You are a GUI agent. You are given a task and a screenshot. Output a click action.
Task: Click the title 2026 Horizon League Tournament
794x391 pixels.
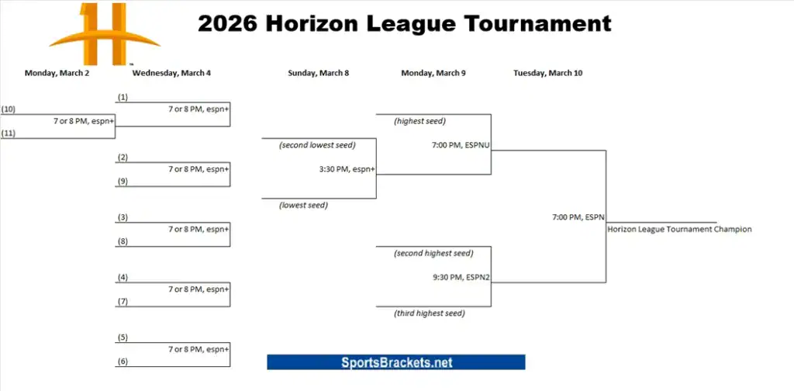(404, 23)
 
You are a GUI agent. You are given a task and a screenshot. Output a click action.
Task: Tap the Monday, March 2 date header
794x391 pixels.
(57, 73)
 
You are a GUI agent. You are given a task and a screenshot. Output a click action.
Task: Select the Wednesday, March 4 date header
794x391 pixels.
(171, 73)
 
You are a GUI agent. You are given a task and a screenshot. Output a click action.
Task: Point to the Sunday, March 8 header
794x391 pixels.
(318, 73)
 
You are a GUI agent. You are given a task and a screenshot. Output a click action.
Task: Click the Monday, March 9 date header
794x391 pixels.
(433, 73)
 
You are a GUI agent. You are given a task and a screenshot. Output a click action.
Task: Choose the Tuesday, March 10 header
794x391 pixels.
(547, 73)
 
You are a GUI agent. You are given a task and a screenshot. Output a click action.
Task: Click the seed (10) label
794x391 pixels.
(9, 109)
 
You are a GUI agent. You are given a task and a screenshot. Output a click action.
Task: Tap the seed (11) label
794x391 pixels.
(9, 133)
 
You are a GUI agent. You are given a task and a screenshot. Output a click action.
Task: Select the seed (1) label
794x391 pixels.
(123, 97)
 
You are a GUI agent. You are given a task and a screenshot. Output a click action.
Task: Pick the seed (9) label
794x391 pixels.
(123, 182)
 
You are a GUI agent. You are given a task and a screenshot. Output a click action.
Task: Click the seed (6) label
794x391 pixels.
(123, 362)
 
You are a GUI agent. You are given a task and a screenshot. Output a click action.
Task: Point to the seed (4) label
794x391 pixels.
(123, 277)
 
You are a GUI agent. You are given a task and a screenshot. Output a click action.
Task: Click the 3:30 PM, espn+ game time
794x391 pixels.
(347, 169)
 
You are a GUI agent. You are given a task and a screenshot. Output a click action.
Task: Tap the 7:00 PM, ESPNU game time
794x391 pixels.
(461, 144)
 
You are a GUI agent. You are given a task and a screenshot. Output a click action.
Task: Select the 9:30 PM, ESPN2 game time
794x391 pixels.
(461, 277)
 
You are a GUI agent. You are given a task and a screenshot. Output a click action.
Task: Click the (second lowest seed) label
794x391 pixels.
(317, 145)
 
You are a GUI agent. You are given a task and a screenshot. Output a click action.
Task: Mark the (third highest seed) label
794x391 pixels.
(430, 313)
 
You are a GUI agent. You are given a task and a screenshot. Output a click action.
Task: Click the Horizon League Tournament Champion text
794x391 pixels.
(679, 229)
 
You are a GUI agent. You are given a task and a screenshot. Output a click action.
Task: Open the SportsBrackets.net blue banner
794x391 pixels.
(396, 362)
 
